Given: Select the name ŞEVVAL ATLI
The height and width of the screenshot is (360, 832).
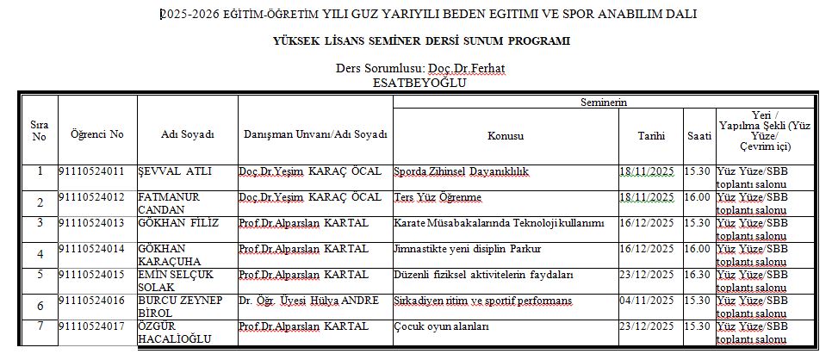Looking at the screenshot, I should click(x=176, y=171).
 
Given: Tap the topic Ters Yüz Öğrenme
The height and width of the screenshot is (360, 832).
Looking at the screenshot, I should click(x=438, y=197).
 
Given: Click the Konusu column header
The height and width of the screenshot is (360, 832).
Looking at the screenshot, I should click(x=506, y=136).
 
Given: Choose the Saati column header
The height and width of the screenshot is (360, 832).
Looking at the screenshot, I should click(x=699, y=136).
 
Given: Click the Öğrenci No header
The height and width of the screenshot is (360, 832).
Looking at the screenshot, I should click(x=97, y=134).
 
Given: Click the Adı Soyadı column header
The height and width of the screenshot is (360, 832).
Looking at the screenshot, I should click(x=187, y=134).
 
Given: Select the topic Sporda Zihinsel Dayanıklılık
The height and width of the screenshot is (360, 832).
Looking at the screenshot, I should click(x=461, y=171).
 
